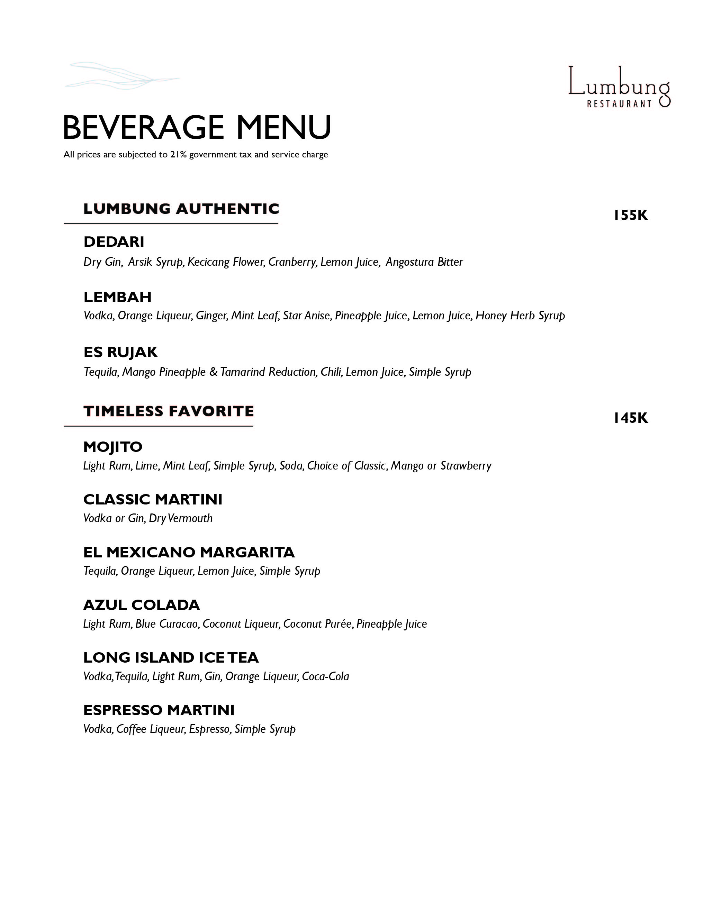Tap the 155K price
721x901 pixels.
tap(630, 215)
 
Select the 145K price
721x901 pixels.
tap(630, 418)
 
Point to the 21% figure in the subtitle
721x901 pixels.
tap(178, 155)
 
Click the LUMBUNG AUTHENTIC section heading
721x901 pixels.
tap(181, 209)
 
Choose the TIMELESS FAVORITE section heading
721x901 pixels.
tap(169, 411)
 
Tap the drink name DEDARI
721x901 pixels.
tap(114, 242)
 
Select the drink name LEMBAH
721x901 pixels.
tap(117, 297)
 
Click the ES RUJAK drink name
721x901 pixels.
tap(120, 352)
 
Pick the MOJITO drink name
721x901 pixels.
tap(113, 447)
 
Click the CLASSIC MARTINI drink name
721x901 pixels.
tap(153, 499)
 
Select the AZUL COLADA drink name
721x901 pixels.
tap(141, 605)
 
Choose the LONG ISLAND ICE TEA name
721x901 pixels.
tap(171, 657)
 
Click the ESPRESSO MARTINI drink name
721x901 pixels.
tap(159, 710)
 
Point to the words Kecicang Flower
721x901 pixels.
tap(226, 262)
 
